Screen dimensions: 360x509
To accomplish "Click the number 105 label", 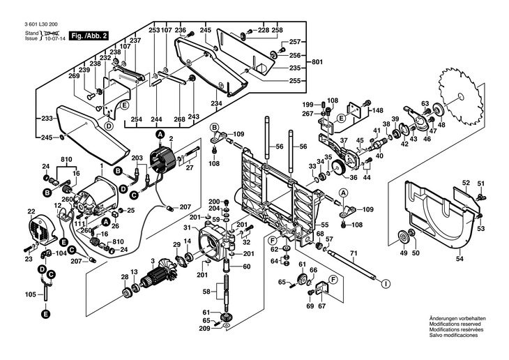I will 29,295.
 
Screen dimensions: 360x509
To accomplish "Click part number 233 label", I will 46,119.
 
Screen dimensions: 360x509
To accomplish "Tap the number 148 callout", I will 377,110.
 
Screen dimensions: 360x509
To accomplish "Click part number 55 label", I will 324,224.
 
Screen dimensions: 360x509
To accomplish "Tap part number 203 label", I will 137,158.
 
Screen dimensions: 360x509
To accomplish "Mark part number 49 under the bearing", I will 402,253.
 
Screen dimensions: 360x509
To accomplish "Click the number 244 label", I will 157,119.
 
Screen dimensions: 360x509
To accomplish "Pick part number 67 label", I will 321,306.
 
